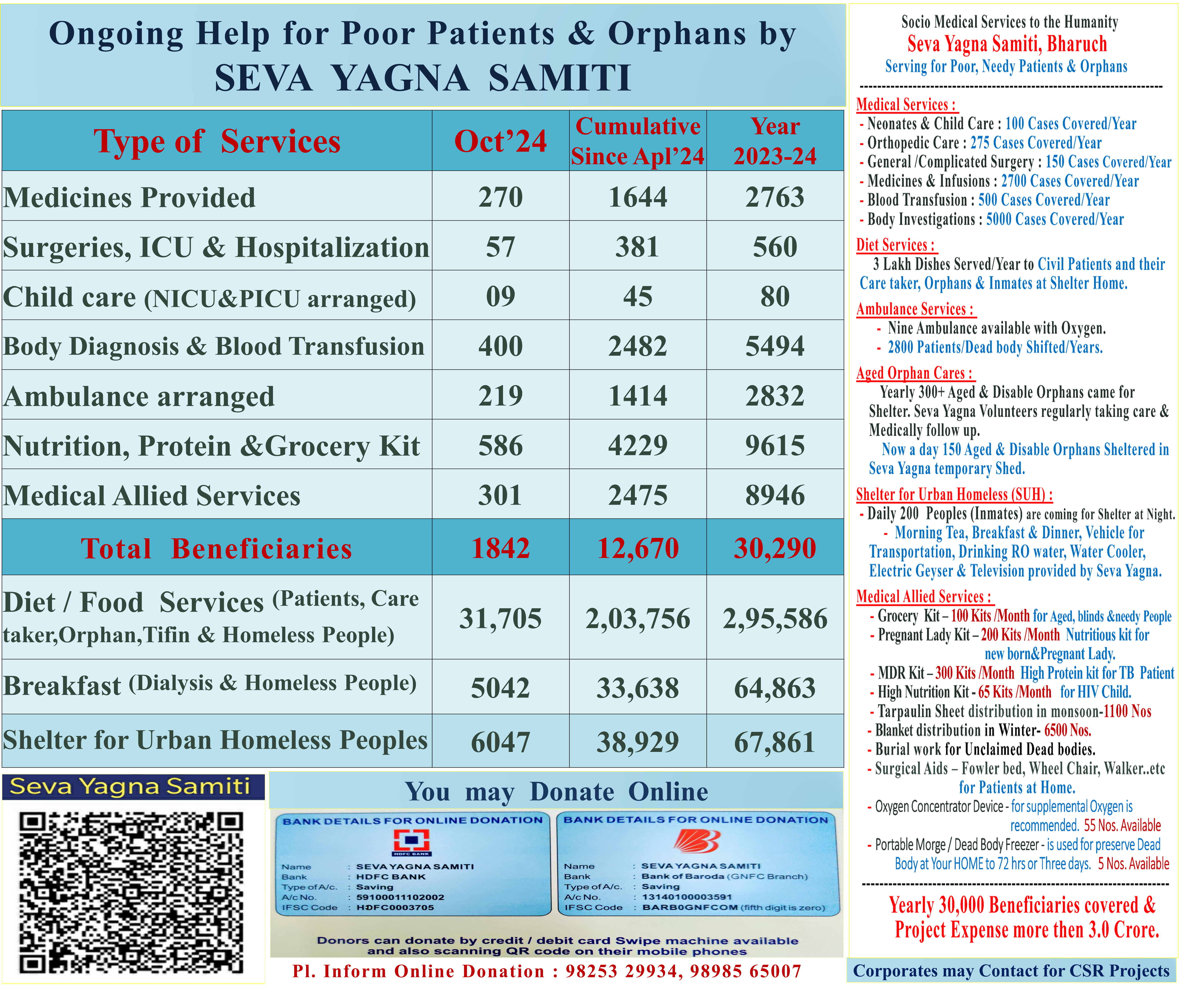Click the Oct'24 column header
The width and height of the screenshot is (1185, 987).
point(501,141)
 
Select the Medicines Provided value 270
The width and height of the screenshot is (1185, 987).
point(501,197)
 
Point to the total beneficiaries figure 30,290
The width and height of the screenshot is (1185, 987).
point(775,548)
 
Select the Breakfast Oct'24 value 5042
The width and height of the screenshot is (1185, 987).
point(501,688)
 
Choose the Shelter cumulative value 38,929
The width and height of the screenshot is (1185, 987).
point(638,741)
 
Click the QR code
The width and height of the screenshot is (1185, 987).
point(131,893)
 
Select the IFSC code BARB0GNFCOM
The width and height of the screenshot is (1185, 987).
point(690,908)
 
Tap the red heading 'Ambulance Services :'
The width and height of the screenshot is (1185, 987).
point(915,309)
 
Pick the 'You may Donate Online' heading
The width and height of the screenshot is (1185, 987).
point(556,792)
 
